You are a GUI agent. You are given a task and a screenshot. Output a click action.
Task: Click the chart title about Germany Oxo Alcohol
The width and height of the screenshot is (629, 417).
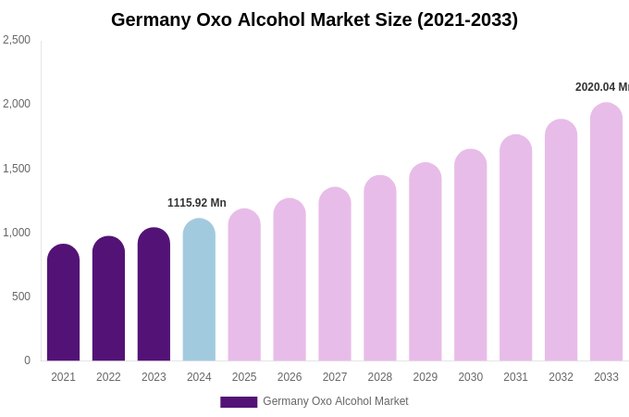pyautogui.click(x=314, y=19)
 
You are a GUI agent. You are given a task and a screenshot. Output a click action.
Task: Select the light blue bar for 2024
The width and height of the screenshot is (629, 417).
pyautogui.click(x=199, y=292)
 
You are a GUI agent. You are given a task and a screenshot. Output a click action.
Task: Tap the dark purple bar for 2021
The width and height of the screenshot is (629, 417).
pyautogui.click(x=63, y=304)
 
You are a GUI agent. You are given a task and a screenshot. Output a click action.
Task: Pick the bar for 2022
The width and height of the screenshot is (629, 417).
pyautogui.click(x=108, y=300)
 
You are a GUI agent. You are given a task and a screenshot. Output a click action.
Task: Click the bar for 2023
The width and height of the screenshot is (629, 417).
pyautogui.click(x=154, y=297)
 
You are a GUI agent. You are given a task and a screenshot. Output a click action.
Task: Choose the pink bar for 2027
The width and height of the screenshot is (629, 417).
pyautogui.click(x=335, y=276)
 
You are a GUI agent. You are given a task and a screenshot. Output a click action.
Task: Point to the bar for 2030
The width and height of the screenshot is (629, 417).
pyautogui.click(x=470, y=257)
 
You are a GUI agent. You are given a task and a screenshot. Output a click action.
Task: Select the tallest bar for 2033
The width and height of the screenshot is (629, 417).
pyautogui.click(x=606, y=234)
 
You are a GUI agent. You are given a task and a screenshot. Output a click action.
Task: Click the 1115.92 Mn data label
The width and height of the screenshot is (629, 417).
pyautogui.click(x=196, y=203)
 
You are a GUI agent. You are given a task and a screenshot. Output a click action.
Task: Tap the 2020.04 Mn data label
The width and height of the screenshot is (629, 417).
pyautogui.click(x=601, y=87)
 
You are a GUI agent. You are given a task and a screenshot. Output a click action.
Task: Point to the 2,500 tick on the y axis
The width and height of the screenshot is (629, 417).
pyautogui.click(x=17, y=40)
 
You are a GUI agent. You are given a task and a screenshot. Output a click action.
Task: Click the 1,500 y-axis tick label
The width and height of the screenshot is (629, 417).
pyautogui.click(x=17, y=169)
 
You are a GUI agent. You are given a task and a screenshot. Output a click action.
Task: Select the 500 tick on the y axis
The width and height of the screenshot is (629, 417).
pyautogui.click(x=20, y=297)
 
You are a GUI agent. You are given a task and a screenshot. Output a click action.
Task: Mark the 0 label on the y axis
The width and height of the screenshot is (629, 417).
pyautogui.click(x=27, y=360)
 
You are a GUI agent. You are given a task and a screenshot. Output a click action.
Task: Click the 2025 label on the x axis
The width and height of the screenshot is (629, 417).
pyautogui.click(x=244, y=377)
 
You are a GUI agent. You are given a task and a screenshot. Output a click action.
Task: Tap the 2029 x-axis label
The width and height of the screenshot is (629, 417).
pyautogui.click(x=425, y=377)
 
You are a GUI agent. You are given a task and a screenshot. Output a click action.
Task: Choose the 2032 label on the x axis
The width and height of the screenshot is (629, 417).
pyautogui.click(x=561, y=377)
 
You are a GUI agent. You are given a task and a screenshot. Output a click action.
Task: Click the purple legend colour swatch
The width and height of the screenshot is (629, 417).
pyautogui.click(x=239, y=402)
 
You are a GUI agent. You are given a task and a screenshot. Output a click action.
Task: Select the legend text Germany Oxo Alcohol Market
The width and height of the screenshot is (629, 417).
pyautogui.click(x=335, y=401)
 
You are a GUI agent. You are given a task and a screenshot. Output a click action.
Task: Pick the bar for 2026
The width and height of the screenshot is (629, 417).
pyautogui.click(x=290, y=281)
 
